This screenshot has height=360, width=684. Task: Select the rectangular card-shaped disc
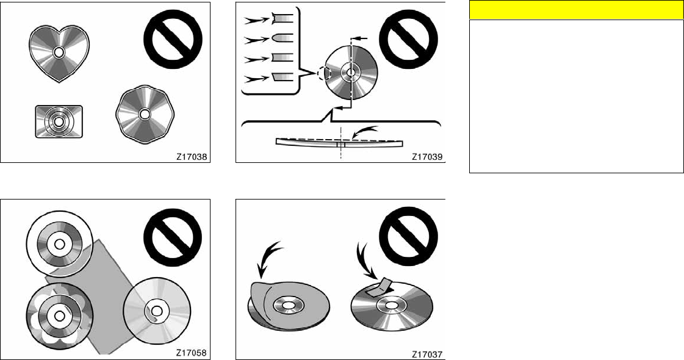tap(58, 121)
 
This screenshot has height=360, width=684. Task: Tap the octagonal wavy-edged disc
tap(145, 114)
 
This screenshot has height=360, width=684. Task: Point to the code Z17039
tap(428, 156)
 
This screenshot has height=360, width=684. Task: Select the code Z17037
tap(427, 353)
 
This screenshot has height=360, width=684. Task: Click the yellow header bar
tap(576, 10)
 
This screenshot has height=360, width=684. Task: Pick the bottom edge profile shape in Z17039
tap(284, 77)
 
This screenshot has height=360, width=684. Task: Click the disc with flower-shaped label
tap(59, 315)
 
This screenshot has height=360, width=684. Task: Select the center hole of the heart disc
tap(58, 52)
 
